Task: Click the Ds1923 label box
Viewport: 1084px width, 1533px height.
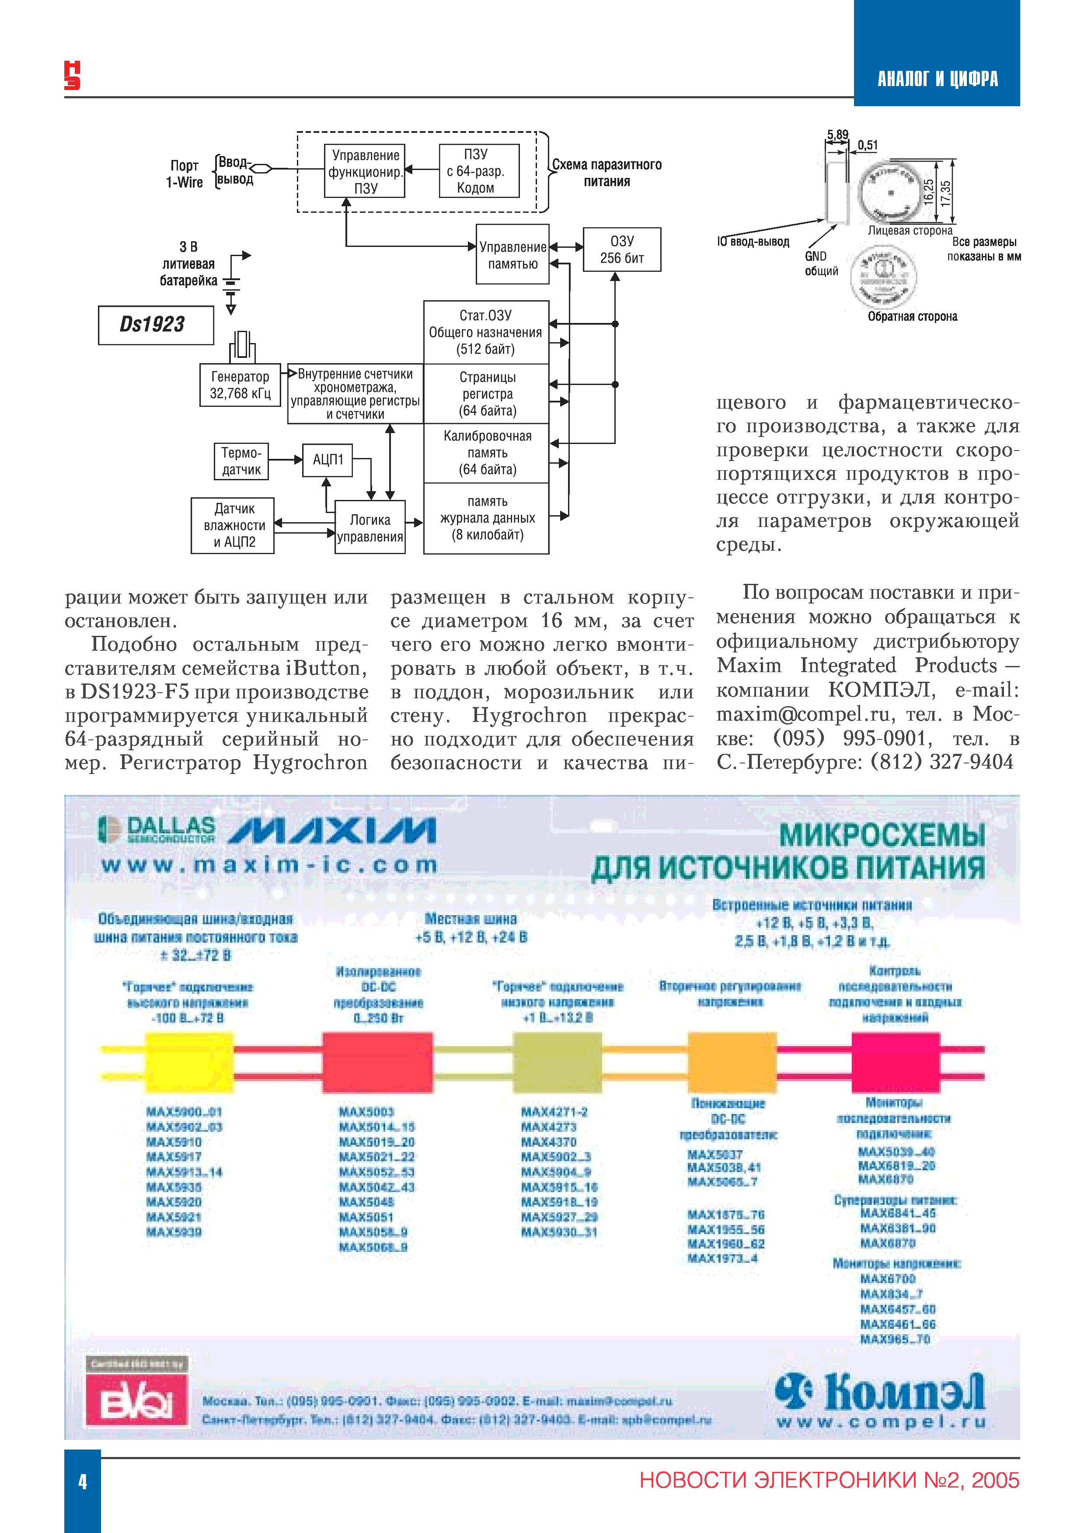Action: pos(156,325)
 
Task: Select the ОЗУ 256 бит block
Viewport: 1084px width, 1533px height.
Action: pos(622,250)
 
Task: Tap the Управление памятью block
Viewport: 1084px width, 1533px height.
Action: pos(512,255)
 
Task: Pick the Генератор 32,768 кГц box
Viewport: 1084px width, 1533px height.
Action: pos(240,385)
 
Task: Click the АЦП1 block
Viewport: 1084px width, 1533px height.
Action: pos(327,460)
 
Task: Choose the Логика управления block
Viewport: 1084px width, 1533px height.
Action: pos(370,527)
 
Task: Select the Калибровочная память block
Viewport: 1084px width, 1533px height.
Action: pos(487,453)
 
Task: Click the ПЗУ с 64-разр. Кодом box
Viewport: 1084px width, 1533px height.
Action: pos(479,171)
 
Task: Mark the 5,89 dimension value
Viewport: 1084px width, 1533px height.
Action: pos(837,135)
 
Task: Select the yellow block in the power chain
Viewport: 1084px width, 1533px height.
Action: pos(189,1061)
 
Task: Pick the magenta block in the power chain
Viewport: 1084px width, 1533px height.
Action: pos(895,1061)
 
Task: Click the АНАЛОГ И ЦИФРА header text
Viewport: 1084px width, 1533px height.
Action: pos(937,80)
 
